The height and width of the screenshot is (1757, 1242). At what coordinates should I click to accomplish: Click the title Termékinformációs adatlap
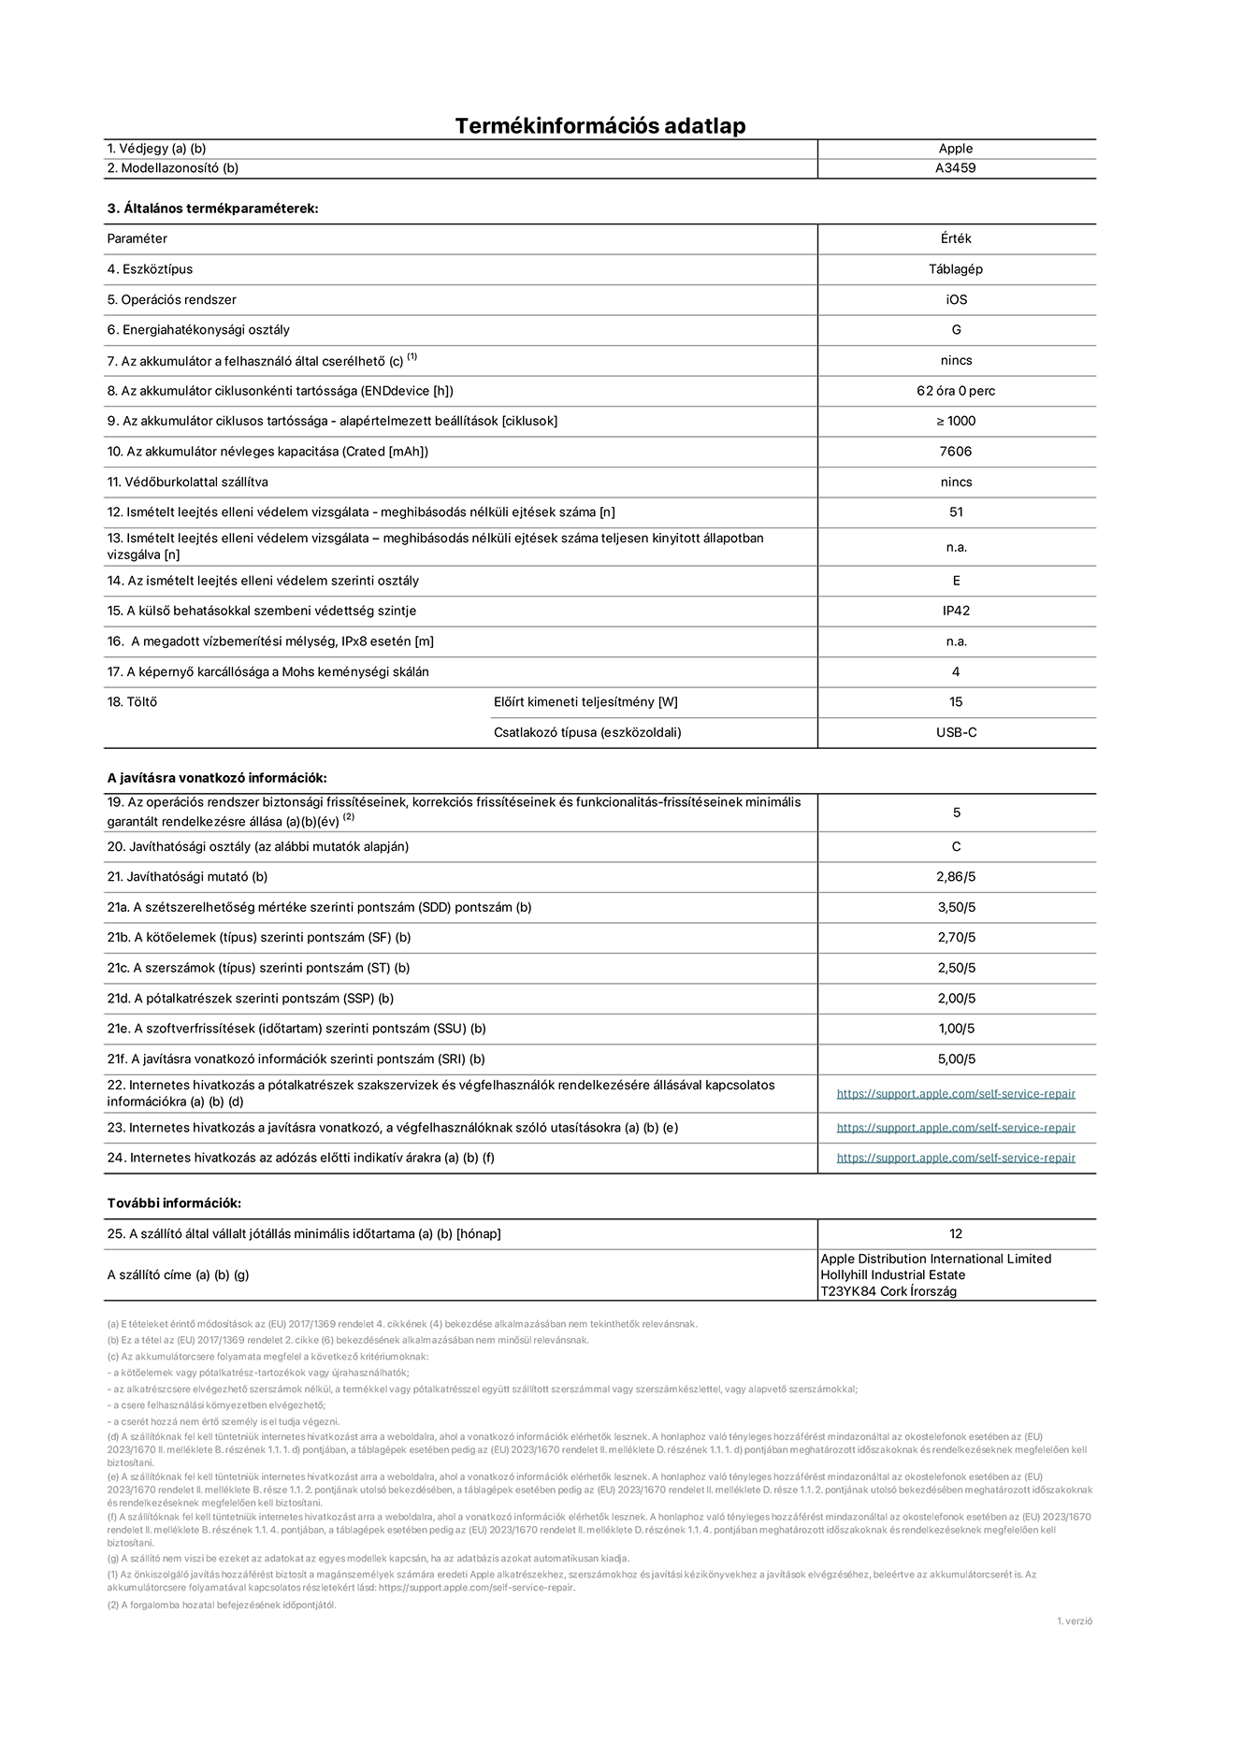(x=600, y=125)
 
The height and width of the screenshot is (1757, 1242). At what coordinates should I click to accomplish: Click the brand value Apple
(x=956, y=149)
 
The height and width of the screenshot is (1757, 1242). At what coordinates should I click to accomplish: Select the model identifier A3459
(x=956, y=168)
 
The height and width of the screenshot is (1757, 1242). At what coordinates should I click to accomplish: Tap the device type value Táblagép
(x=956, y=269)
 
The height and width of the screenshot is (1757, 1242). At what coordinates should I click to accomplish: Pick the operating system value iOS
(x=956, y=300)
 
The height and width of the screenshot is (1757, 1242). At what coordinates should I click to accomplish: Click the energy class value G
(x=956, y=330)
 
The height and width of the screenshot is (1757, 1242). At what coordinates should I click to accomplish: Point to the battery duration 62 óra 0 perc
(x=956, y=391)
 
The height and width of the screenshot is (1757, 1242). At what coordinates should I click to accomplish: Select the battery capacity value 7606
(x=956, y=452)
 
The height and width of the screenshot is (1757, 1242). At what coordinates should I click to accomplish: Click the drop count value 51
(x=956, y=512)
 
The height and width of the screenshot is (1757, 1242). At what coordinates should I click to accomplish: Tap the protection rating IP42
(x=956, y=611)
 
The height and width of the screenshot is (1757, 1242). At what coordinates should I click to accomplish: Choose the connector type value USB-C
(x=956, y=732)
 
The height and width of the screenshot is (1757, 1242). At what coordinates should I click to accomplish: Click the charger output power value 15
(x=956, y=702)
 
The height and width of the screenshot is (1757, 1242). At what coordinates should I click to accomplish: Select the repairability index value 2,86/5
(x=956, y=877)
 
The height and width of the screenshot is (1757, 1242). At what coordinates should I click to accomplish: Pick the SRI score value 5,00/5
(x=956, y=1059)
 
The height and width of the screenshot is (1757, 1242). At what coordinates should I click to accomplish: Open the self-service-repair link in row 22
(x=956, y=1094)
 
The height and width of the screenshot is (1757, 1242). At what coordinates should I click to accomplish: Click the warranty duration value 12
(x=956, y=1234)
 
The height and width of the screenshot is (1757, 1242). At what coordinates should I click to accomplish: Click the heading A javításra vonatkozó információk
(x=217, y=778)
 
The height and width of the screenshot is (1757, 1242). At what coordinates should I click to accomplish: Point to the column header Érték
(x=956, y=238)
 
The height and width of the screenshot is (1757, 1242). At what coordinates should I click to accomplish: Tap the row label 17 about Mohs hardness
(x=268, y=671)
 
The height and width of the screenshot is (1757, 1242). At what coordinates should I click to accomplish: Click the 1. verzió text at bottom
(x=1074, y=1621)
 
